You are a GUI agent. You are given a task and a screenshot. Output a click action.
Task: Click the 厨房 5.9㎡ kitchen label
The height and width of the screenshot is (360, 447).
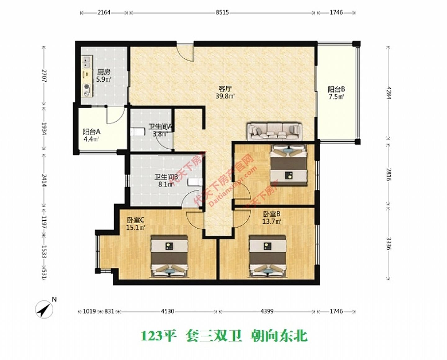pos(103,75)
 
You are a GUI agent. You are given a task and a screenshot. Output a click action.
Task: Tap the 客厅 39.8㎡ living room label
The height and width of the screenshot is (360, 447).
pos(225,92)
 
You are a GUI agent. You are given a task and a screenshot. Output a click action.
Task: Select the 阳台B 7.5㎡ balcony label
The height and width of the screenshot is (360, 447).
pos(336,93)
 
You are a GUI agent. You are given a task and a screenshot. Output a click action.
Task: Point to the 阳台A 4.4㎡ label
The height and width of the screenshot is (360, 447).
pos(91,135)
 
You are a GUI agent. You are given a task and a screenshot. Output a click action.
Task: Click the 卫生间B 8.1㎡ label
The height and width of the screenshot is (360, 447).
pos(166,180)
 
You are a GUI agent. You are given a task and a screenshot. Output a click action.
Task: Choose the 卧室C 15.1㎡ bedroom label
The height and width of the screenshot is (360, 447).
pos(136,224)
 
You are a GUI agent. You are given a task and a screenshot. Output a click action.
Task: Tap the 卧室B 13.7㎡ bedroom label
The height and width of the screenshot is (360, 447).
pos(272,217)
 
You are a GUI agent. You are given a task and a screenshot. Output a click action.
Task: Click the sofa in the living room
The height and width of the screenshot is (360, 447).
pos(274,131)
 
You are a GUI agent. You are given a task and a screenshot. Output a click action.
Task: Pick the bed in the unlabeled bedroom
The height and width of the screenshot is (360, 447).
pos(289,165)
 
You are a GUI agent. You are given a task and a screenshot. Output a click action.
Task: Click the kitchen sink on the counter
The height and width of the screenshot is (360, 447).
pos(87,61)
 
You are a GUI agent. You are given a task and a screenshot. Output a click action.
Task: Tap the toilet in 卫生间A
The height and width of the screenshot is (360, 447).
pos(138,132)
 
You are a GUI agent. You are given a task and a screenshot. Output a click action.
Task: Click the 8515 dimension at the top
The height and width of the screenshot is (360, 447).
pos(222,13)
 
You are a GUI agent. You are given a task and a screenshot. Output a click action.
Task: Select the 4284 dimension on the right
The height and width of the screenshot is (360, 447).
pos(388,92)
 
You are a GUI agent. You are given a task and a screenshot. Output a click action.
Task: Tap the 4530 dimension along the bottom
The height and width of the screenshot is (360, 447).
pos(167,311)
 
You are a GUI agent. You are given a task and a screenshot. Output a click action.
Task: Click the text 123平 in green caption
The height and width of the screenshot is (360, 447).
pos(159,336)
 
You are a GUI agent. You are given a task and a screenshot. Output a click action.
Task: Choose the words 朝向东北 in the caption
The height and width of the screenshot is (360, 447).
pos(279,336)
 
